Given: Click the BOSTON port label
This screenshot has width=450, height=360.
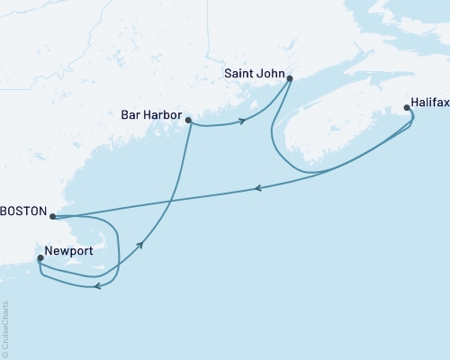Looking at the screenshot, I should (x=22, y=217).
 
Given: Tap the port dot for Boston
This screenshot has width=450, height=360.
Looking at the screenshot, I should (x=52, y=217).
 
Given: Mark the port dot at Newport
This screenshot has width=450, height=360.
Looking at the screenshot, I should (x=40, y=258).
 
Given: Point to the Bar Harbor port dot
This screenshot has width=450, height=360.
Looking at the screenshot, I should (x=188, y=119).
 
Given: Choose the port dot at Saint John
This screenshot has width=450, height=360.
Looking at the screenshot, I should (x=290, y=78).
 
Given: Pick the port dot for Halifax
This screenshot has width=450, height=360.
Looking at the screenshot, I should (x=408, y=108).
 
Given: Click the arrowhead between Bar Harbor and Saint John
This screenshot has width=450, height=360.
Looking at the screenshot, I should (x=242, y=121).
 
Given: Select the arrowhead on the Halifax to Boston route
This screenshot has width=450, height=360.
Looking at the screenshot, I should (x=258, y=188).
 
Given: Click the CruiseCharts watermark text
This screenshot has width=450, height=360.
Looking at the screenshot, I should (x=5, y=328).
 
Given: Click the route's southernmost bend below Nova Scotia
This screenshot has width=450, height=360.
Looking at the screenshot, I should (x=310, y=172).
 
